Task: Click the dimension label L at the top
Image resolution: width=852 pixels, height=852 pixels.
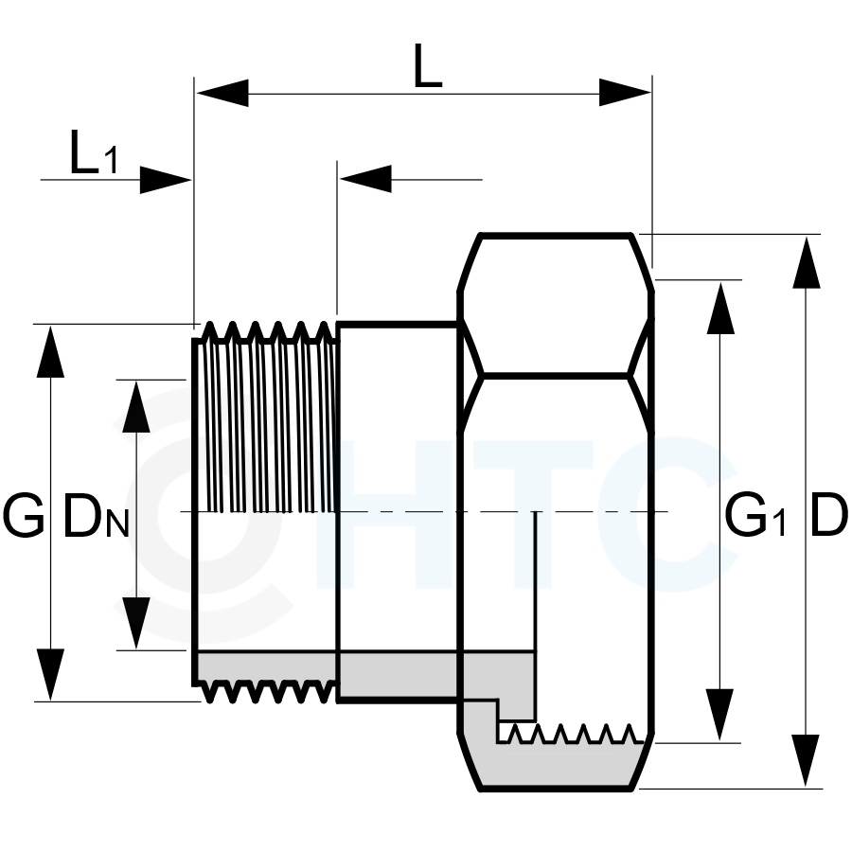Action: pos(427,65)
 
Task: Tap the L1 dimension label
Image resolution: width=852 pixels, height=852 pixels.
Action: pos(94,152)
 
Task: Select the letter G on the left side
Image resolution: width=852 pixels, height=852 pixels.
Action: pos(23,515)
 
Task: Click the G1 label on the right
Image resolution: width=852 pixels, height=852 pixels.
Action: pos(755,515)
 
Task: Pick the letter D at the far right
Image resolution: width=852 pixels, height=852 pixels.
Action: pos(828,515)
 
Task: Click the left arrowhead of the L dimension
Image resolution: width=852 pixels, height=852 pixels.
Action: pos(222,93)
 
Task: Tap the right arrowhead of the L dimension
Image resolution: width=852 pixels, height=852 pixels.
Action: pos(625,93)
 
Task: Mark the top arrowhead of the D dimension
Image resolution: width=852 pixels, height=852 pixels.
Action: pos(807,262)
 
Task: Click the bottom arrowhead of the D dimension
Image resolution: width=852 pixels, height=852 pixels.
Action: pos(807,760)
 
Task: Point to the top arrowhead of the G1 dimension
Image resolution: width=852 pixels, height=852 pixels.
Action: pos(720,308)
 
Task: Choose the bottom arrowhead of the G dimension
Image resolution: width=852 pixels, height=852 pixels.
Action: pos(50,674)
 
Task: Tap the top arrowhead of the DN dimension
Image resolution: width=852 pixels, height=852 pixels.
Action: pos(135,406)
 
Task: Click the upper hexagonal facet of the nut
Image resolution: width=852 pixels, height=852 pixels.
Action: pos(556,304)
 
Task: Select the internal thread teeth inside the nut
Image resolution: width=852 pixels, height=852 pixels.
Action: pos(571,733)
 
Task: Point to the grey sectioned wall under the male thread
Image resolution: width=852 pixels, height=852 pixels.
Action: pos(266,666)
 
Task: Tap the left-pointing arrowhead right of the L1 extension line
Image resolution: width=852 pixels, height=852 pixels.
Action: pos(365,179)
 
